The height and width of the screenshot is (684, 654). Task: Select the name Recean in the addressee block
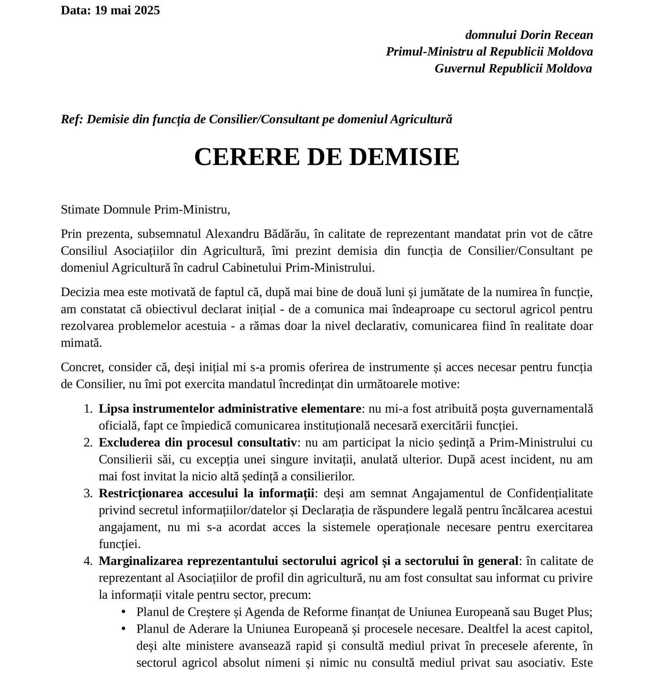coord(574,35)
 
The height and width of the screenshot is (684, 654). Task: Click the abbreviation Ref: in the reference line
coord(72,119)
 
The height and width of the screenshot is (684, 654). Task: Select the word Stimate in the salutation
coord(80,210)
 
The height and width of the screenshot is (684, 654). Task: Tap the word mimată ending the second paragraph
coord(81,343)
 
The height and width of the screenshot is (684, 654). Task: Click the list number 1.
coord(88,409)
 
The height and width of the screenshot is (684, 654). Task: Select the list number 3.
coord(88,494)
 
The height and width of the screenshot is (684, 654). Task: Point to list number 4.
coord(88,561)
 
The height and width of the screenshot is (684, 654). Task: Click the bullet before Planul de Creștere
coord(123,612)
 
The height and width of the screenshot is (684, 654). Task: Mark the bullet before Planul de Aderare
coord(123,629)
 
